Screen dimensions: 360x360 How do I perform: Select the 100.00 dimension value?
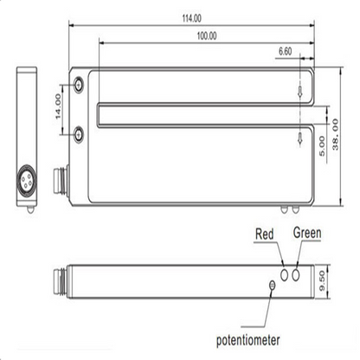(207, 36)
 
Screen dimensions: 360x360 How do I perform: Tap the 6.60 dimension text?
(286, 52)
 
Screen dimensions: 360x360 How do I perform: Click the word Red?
(266, 234)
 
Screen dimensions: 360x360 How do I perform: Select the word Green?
(308, 233)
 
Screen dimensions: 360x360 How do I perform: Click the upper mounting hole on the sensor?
(80, 84)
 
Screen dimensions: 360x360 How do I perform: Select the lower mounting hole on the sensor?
(80, 132)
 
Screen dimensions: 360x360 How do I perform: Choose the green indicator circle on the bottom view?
(299, 273)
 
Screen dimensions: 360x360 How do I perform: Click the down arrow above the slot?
(299, 88)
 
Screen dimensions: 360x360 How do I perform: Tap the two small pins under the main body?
(291, 207)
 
